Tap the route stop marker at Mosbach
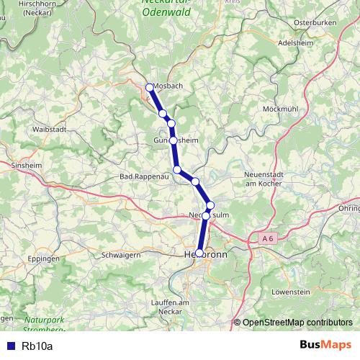click(x=150, y=88)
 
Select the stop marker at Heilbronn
click(x=199, y=253)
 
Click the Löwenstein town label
click(x=291, y=292)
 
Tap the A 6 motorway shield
click(x=268, y=238)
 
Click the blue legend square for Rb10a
click(x=11, y=346)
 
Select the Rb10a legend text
click(x=37, y=346)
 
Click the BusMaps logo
click(x=325, y=345)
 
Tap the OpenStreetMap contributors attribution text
click(x=297, y=323)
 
